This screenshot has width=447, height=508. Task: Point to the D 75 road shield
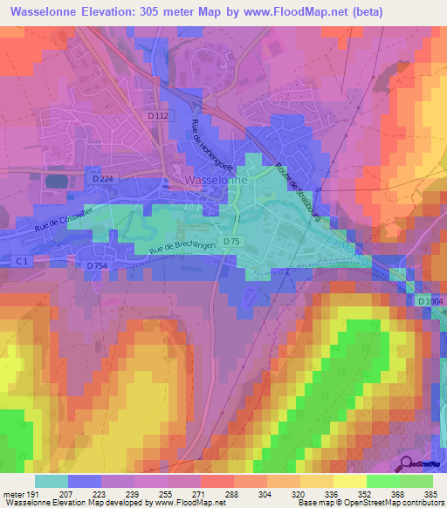click(x=231, y=241)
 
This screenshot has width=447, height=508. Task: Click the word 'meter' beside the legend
click(x=12, y=493)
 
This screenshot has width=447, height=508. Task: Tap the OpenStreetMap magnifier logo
click(x=407, y=463)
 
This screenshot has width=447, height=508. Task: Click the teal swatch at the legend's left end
click(x=51, y=481)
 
